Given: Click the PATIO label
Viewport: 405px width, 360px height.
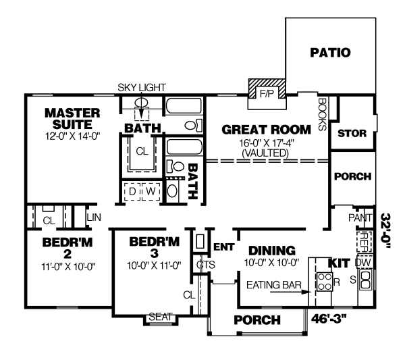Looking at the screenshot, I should point(331,53).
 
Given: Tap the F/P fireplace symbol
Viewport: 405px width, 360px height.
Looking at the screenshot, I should point(267,94).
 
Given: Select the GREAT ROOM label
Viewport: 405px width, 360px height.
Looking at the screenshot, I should point(266,129).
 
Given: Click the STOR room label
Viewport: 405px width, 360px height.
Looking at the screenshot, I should point(352,134).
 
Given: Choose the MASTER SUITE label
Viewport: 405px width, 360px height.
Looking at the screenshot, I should point(72,118).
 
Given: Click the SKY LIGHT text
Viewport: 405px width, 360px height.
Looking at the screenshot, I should point(142,88).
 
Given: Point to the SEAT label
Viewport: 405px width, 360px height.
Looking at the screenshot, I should point(161,317).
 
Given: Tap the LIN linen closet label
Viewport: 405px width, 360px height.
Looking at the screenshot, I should point(93,217).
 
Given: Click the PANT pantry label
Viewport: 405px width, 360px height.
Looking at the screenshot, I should point(359,217).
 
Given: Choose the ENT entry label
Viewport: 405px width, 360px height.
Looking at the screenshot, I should point(223,247).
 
